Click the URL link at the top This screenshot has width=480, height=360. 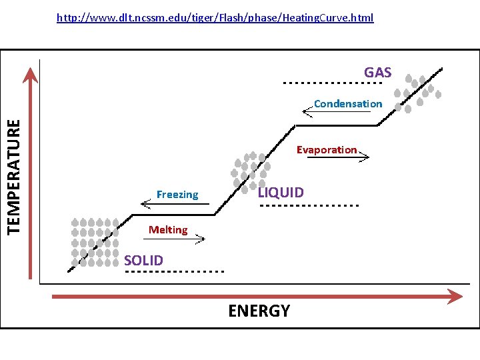click(215, 17)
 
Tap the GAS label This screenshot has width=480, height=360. click(377, 72)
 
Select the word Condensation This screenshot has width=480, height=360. click(348, 103)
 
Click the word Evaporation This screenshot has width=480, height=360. click(327, 149)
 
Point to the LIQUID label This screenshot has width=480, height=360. click(281, 193)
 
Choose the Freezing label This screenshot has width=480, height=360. click(177, 195)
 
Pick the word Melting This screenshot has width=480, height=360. click(168, 230)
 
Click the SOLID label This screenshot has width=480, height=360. click(143, 259)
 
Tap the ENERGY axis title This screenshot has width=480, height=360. click(259, 311)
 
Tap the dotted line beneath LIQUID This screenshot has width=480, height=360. click(309, 205)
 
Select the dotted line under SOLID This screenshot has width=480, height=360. click(174, 272)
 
